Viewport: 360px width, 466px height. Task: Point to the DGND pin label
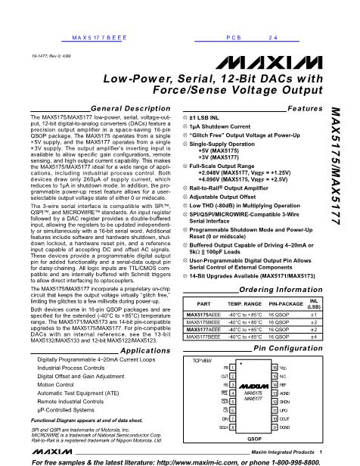click(286, 427)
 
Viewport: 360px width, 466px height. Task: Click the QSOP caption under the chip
click(254, 438)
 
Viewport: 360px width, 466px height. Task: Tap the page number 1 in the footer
click(321, 452)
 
